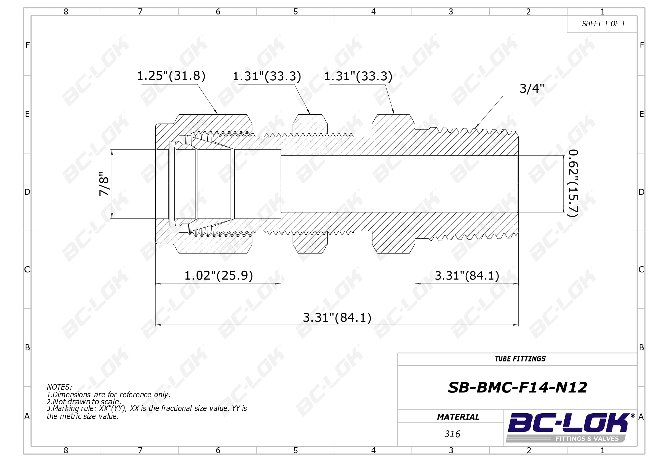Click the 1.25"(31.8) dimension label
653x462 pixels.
(171, 76)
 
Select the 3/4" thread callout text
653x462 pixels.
(531, 88)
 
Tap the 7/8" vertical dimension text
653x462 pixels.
(104, 184)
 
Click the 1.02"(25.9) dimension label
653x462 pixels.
(219, 276)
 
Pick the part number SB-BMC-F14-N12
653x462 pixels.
(517, 388)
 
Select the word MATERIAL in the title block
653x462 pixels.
(458, 417)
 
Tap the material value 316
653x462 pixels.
(452, 434)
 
